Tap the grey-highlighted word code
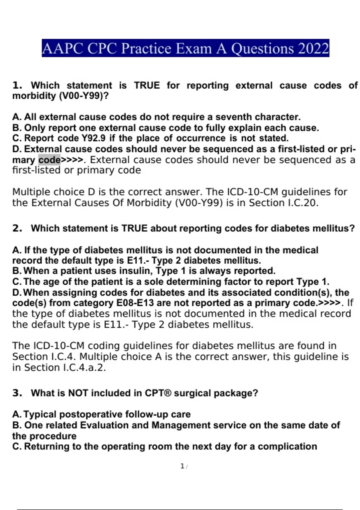(49, 160)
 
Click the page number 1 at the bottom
(182, 466)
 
